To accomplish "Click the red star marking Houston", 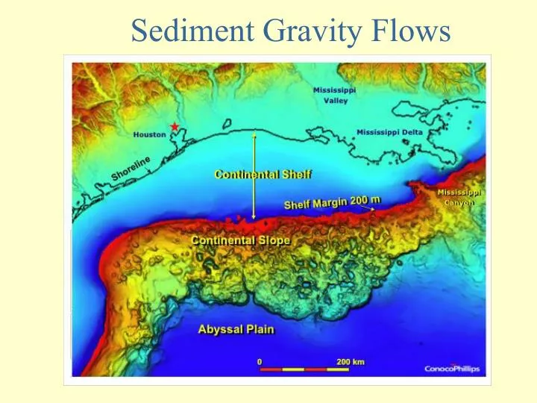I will pyautogui.click(x=175, y=127).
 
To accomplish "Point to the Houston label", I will pyautogui.click(x=149, y=135).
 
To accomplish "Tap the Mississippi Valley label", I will pyautogui.click(x=334, y=96).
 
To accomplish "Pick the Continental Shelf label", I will pyautogui.click(x=263, y=175).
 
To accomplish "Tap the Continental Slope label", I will pyautogui.click(x=240, y=240).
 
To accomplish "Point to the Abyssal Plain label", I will pyautogui.click(x=236, y=329).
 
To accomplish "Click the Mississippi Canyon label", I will pyautogui.click(x=459, y=197).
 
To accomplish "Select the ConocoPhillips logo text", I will pyautogui.click(x=452, y=369).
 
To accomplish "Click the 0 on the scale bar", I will pyautogui.click(x=260, y=362).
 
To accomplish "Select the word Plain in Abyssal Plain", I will pyautogui.click(x=257, y=329).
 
